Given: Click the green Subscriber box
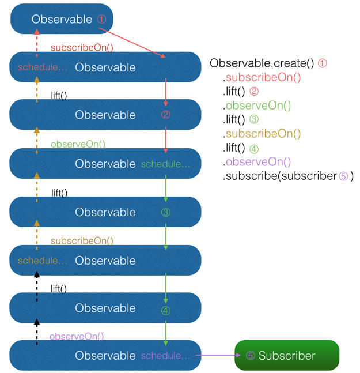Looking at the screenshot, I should pyautogui.click(x=287, y=356).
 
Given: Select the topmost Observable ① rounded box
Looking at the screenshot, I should pyautogui.click(x=62, y=20).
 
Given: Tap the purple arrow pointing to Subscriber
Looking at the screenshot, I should pyautogui.click(x=218, y=356).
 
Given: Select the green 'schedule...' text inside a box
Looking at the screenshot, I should pyautogui.click(x=165, y=164).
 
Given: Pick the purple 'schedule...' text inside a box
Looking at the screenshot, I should pyautogui.click(x=165, y=356).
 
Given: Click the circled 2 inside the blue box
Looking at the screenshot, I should pyautogui.click(x=166, y=115).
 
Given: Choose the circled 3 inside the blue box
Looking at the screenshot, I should pyautogui.click(x=166, y=212).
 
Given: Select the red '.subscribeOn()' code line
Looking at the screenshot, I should pyautogui.click(x=262, y=77).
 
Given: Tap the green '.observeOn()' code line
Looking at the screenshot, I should pyautogui.click(x=257, y=106).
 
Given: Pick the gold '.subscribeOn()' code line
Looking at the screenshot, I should pyautogui.click(x=262, y=134).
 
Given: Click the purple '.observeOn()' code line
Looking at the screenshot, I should pyautogui.click(x=257, y=162).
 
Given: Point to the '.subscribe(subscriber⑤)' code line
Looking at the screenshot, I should pyautogui.click(x=288, y=176).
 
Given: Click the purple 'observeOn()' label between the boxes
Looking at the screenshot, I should pyautogui.click(x=77, y=336).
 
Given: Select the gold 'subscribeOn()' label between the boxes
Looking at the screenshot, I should pyautogui.click(x=82, y=240).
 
